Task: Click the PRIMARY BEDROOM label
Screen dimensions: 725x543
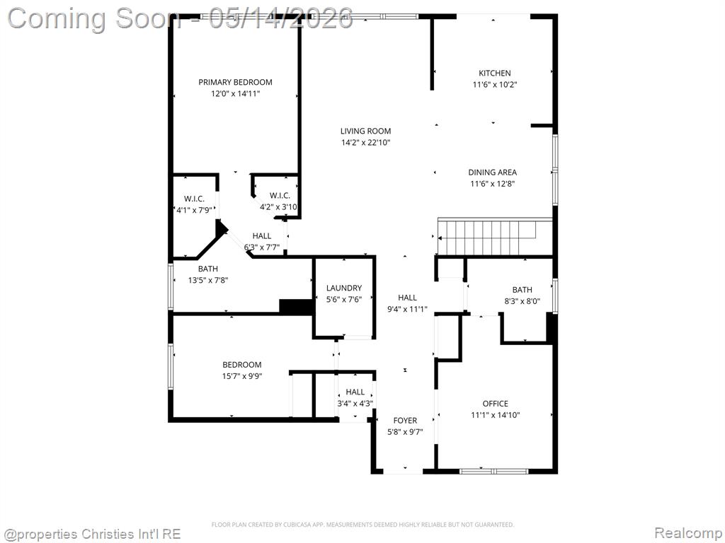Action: tap(235, 82)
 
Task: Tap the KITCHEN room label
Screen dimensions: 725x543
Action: tap(495, 73)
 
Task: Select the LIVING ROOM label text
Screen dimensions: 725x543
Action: tap(366, 131)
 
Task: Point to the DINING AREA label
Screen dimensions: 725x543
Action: tap(493, 173)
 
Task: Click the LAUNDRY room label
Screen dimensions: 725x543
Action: tap(344, 288)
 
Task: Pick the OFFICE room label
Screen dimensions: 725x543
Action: tap(495, 404)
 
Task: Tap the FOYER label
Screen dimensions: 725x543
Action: tap(405, 421)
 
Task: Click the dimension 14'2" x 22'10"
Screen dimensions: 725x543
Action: tap(366, 143)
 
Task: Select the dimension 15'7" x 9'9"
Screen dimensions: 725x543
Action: tap(242, 376)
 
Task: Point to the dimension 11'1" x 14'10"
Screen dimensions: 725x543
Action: tap(495, 415)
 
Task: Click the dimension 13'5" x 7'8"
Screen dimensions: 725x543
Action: tap(208, 280)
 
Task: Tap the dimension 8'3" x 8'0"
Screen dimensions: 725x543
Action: tap(522, 301)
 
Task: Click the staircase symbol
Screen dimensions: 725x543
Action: tap(495, 237)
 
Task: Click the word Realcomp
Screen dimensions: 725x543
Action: tap(688, 533)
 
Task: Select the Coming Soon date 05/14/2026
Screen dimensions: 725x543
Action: tap(281, 18)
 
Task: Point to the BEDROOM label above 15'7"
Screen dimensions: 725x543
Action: tap(242, 365)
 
